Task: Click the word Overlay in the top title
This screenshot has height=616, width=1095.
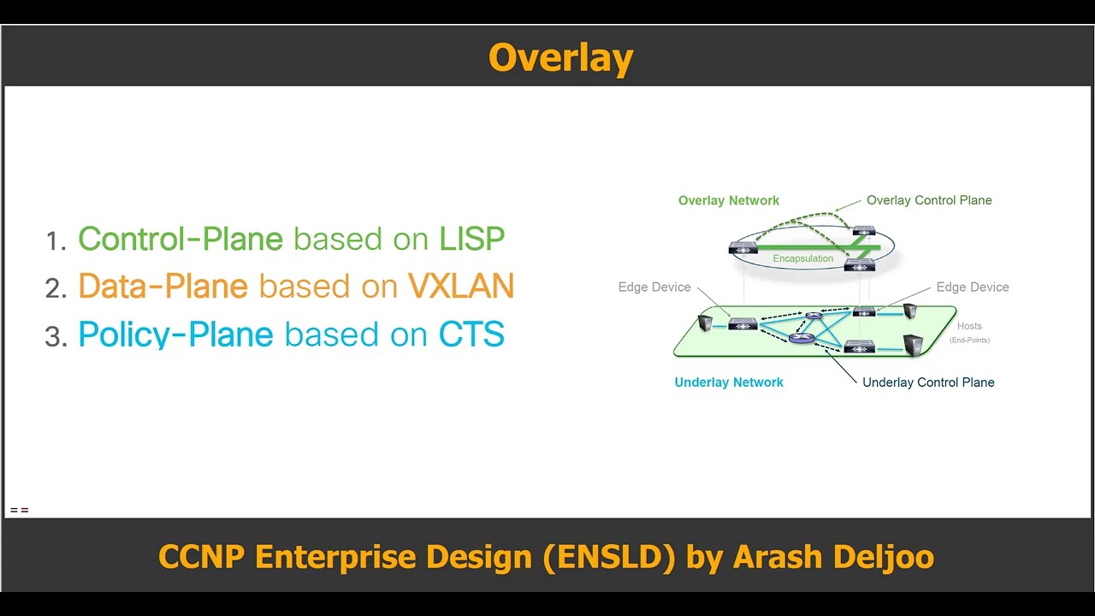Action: pyautogui.click(x=560, y=58)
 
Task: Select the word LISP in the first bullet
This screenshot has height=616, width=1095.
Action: pyautogui.click(x=471, y=240)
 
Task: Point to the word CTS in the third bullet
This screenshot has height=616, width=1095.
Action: pyautogui.click(x=471, y=335)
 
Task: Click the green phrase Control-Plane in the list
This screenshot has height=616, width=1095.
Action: pyautogui.click(x=181, y=240)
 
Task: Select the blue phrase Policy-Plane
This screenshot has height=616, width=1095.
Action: pyautogui.click(x=175, y=335)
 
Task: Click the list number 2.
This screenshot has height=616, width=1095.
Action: pyautogui.click(x=56, y=289)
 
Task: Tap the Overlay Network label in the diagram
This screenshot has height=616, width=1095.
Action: pyautogui.click(x=728, y=200)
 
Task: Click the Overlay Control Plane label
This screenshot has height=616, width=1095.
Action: pyautogui.click(x=929, y=200)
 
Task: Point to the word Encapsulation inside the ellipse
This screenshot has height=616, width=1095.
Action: pyautogui.click(x=802, y=258)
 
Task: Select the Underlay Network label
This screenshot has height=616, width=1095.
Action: pyautogui.click(x=729, y=382)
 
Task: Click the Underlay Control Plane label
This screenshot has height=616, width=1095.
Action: pyautogui.click(x=928, y=382)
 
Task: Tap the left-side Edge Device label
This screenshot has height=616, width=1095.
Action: pyautogui.click(x=654, y=287)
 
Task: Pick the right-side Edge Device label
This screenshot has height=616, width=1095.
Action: pyautogui.click(x=973, y=287)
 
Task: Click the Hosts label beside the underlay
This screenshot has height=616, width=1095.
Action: pyautogui.click(x=969, y=326)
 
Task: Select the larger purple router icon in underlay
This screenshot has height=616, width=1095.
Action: pyautogui.click(x=802, y=338)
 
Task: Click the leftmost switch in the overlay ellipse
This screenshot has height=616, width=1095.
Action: pyautogui.click(x=743, y=249)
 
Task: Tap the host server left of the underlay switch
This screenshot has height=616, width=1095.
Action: pyautogui.click(x=706, y=323)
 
